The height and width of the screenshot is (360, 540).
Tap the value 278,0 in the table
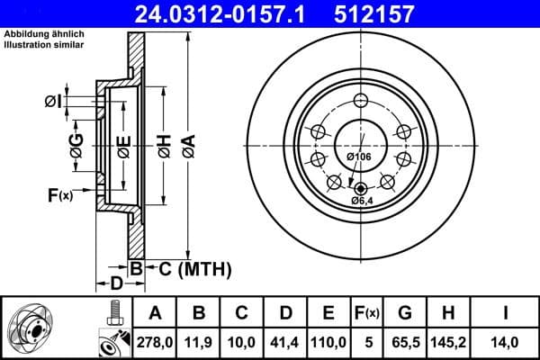[154, 341]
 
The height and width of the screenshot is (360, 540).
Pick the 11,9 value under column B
[198, 341]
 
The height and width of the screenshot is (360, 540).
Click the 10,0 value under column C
[241, 341]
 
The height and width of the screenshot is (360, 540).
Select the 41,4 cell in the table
[284, 341]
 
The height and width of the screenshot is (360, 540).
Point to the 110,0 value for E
[328, 341]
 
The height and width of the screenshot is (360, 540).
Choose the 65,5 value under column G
[404, 341]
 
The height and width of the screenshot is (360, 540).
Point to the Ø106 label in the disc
[359, 157]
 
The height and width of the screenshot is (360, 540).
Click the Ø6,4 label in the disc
[362, 200]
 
